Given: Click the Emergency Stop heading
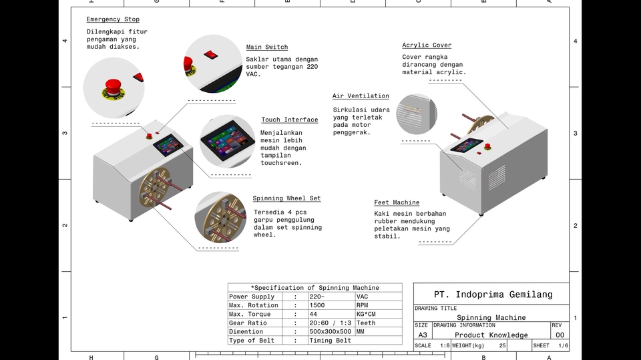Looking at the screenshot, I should [x=113, y=19].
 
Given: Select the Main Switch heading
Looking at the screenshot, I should [x=267, y=47].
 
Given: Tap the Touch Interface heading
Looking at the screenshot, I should [x=289, y=120].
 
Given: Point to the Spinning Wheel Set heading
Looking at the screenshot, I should [x=286, y=198].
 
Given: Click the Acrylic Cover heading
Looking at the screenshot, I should [x=427, y=45].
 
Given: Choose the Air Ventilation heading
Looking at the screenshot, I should [x=361, y=96].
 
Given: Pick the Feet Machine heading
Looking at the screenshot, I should [x=397, y=202].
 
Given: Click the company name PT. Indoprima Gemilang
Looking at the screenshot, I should [x=493, y=295].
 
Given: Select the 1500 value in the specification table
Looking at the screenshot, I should [x=317, y=305].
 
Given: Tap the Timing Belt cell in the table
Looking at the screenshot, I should [x=330, y=341].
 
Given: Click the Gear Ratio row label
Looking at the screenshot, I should [x=248, y=323].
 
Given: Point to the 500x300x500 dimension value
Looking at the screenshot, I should [x=330, y=331].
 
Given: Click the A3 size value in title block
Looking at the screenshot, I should [x=423, y=335].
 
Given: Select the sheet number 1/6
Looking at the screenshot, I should [x=564, y=345].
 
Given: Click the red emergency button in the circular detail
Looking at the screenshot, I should [x=113, y=87].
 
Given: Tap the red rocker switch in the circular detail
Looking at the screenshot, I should [x=212, y=51].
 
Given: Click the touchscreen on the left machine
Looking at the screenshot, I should [x=168, y=142].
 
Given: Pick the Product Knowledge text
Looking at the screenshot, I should [x=491, y=335].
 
